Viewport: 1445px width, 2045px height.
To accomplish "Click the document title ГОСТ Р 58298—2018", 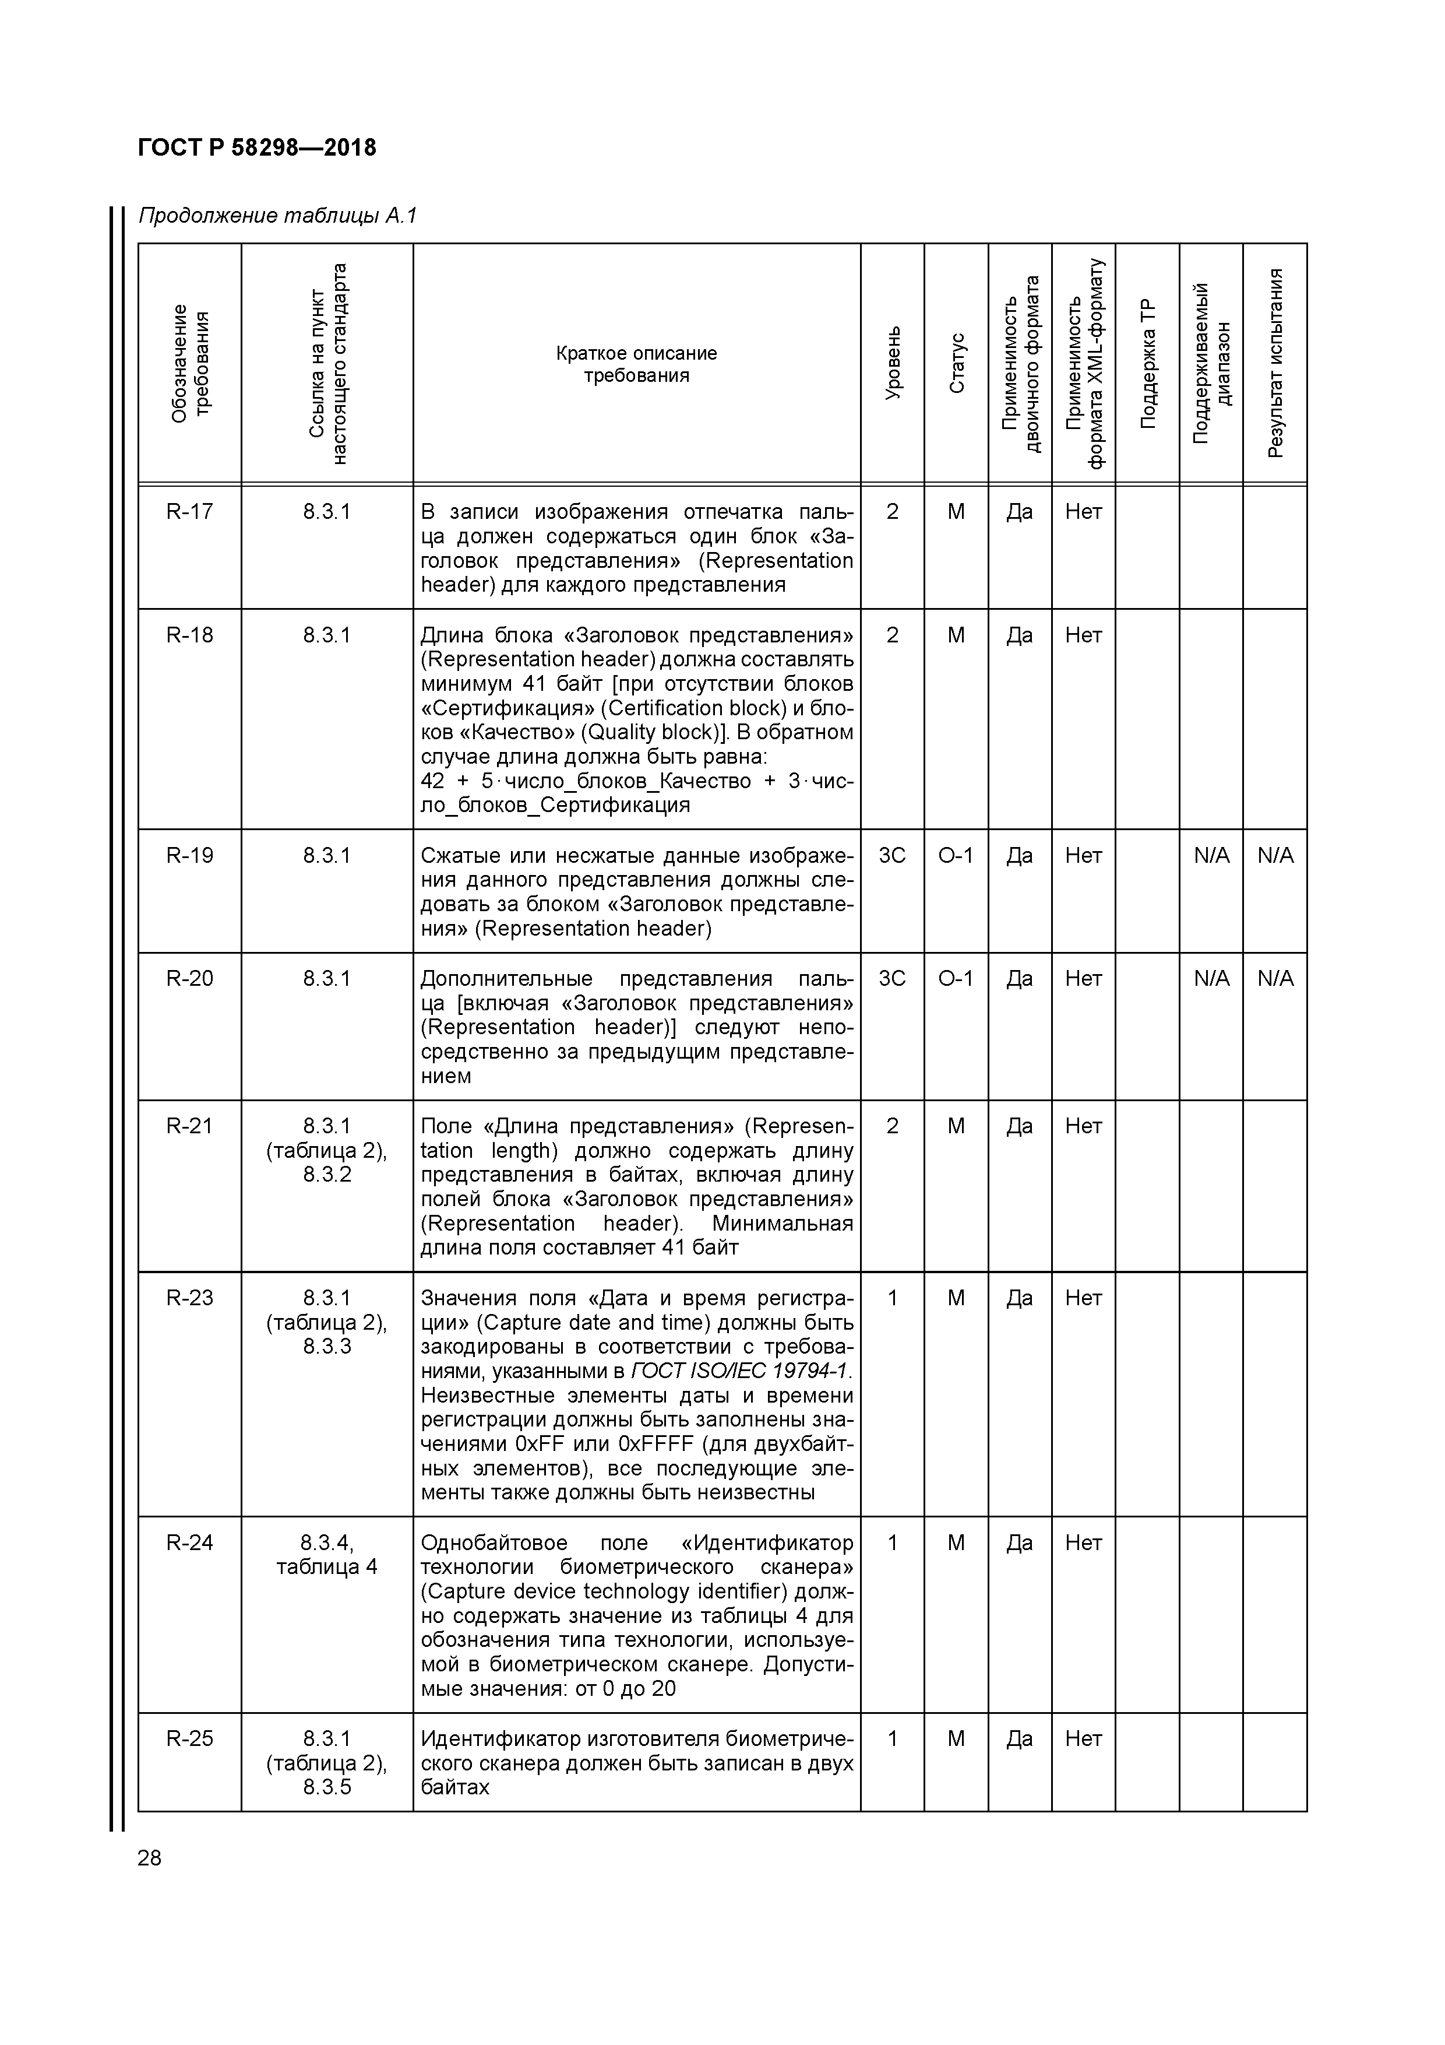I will pos(258,148).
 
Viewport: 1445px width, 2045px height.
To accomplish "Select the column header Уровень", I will pos(893,363).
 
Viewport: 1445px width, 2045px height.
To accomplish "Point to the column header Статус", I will pos(956,363).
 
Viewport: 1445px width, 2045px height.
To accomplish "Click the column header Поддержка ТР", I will pos(1148,363).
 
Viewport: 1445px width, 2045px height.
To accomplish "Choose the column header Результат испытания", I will pos(1275,363).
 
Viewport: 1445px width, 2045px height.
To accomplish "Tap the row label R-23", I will pos(189,1298).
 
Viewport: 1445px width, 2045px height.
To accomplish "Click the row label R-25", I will pos(189,1738).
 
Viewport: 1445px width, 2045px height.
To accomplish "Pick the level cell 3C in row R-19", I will pos(892,855).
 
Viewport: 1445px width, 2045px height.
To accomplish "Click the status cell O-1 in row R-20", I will pos(956,978).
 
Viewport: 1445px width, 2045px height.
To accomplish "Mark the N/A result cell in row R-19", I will pos(1275,855).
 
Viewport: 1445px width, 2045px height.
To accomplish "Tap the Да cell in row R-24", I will pos(1020,1542).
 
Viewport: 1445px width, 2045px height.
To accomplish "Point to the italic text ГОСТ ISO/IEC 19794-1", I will pos(741,1371).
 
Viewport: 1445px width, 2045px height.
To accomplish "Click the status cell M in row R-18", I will pos(956,635).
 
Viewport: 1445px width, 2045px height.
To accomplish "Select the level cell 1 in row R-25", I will pos(892,1738).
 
